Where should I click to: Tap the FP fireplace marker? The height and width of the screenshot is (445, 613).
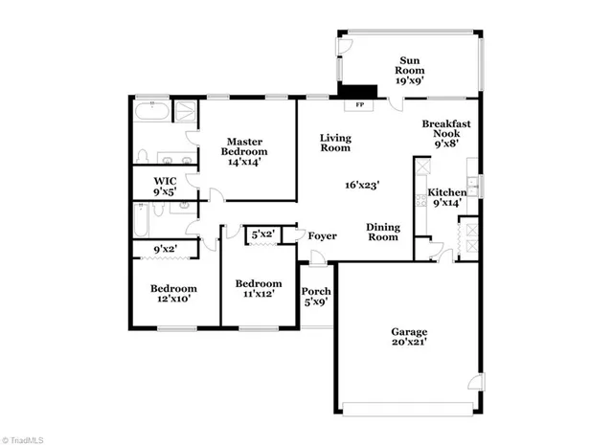click(360, 103)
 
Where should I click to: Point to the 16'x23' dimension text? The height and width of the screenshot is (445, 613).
click(363, 186)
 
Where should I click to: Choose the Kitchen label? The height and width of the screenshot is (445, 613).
click(446, 192)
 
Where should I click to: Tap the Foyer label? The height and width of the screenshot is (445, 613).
click(320, 234)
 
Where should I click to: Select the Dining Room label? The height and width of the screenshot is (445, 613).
click(383, 232)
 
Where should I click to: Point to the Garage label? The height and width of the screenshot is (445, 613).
click(409, 332)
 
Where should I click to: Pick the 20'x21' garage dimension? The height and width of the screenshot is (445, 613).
click(409, 343)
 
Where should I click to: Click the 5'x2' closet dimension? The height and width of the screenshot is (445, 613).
click(262, 234)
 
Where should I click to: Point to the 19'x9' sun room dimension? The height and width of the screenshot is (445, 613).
click(411, 81)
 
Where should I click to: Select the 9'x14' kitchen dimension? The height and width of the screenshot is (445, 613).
click(445, 203)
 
